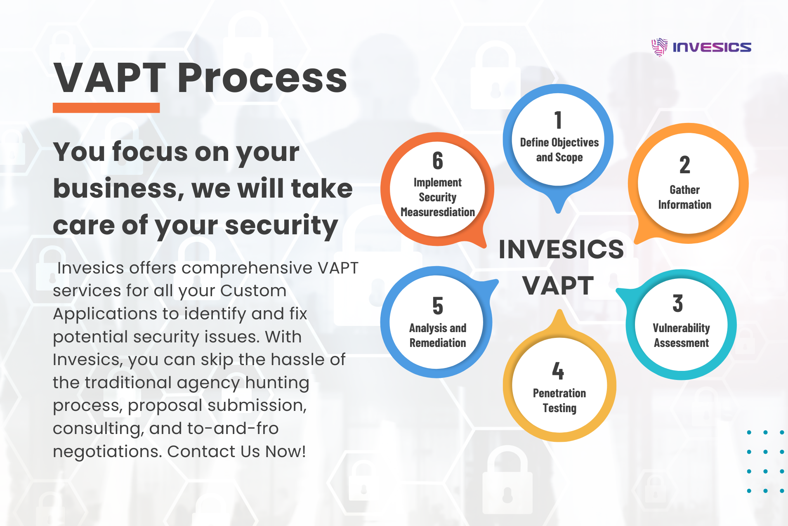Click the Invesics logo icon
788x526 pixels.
659,47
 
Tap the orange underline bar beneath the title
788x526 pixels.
106,108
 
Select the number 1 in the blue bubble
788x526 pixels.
558,120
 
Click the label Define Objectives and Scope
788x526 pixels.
559,150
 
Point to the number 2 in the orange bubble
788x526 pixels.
684,165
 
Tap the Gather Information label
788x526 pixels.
684,197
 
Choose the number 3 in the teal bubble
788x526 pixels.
677,303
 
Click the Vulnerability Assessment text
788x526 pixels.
681,335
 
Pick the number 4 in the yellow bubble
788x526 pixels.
558,370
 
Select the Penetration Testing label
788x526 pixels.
559,400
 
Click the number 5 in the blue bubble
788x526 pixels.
438,306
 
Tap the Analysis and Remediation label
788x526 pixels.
437,335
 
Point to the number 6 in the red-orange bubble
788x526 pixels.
438,160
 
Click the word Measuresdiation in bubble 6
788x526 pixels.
438,212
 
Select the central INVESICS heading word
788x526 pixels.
561,249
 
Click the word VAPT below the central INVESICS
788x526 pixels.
558,285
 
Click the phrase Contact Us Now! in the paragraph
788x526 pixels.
236,451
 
